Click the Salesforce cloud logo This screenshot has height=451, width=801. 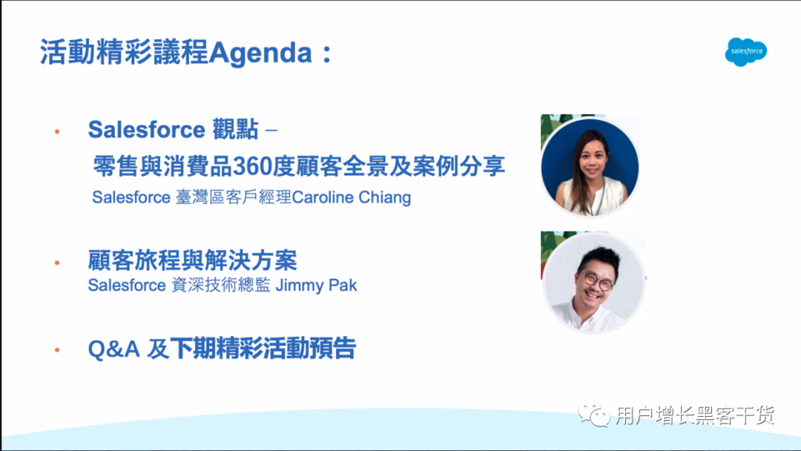tap(746, 52)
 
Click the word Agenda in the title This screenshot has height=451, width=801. tap(260, 53)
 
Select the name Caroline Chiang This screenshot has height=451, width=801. tap(351, 197)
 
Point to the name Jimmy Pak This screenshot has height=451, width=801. tap(316, 285)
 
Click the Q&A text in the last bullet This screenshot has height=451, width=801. tap(114, 349)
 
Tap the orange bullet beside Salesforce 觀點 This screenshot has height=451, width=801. tap(57, 132)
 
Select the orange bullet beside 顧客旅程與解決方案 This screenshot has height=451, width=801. tap(57, 263)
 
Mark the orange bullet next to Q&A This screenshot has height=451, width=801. tap(57, 350)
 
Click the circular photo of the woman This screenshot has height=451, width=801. tap(590, 166)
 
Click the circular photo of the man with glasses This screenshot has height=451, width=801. tap(593, 283)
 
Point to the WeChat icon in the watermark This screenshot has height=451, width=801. tap(594, 414)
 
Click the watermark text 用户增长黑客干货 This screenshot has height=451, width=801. tap(695, 415)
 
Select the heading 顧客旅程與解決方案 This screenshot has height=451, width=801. tap(193, 260)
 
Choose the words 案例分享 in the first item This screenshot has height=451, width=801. tap(459, 166)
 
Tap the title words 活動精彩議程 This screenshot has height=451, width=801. tap(124, 53)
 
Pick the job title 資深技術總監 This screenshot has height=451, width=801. tap(221, 285)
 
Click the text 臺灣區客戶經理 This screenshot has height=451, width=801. tap(234, 197)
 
